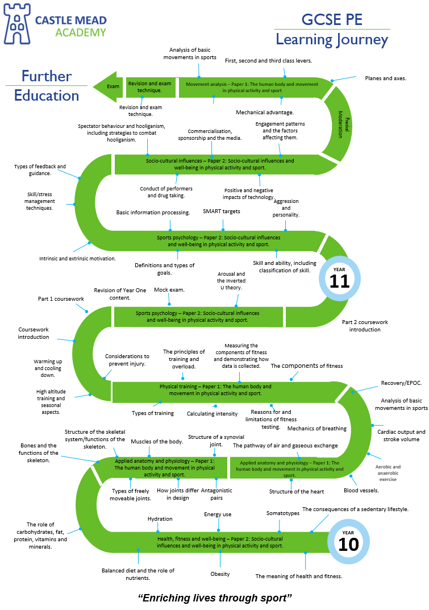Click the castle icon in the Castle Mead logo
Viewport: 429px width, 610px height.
(16, 24)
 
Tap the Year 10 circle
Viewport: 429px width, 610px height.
(348, 541)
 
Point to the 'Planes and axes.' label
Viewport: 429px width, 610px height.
(385, 78)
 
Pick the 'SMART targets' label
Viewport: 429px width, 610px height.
(222, 211)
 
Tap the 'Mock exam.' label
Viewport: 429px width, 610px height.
(169, 289)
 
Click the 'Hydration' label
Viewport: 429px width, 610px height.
(160, 518)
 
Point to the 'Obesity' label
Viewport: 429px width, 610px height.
(220, 574)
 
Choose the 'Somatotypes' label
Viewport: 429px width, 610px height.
(282, 513)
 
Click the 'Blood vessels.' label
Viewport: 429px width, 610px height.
(359, 490)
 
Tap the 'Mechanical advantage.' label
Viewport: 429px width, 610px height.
(265, 113)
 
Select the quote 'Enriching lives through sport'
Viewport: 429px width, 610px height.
(215, 597)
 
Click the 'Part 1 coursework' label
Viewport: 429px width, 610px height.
(61, 298)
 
